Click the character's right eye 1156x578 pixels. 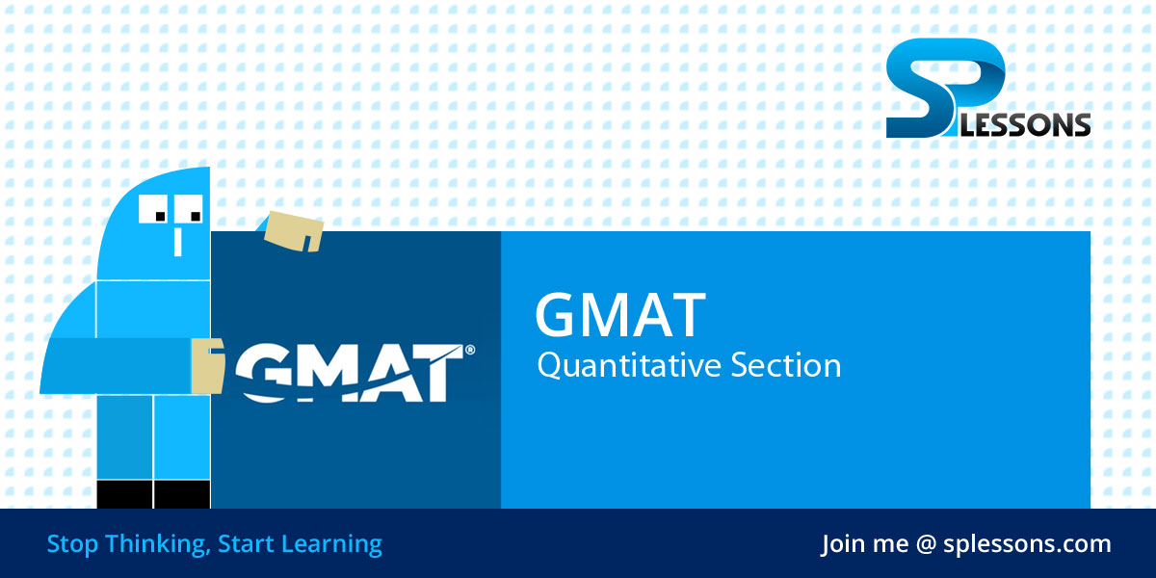[x=190, y=209]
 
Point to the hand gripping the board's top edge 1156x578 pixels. [x=295, y=230]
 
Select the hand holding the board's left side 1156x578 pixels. [x=206, y=365]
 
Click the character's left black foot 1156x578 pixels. [x=125, y=494]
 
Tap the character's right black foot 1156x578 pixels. [x=182, y=494]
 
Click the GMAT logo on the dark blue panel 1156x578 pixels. [x=352, y=372]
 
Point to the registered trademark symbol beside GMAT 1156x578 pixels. [x=470, y=351]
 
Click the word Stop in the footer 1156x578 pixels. [x=71, y=544]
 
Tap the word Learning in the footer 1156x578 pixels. [x=331, y=544]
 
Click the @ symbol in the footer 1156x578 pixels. [x=926, y=544]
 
